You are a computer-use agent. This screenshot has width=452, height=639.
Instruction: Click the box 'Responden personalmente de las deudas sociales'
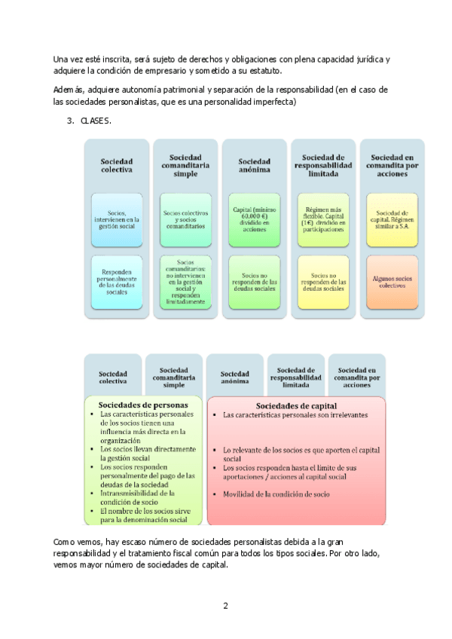(116, 282)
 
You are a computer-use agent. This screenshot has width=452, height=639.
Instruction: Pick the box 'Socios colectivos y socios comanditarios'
(185, 218)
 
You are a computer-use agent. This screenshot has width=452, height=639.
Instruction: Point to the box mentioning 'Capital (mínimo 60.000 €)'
(255, 218)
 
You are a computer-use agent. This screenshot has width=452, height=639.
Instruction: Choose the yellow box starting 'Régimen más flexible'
(324, 218)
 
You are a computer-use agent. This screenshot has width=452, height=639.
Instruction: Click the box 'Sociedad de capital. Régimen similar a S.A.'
(392, 218)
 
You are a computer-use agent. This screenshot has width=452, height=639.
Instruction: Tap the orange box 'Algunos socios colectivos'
(392, 282)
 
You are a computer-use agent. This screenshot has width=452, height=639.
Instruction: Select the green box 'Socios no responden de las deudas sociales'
(255, 282)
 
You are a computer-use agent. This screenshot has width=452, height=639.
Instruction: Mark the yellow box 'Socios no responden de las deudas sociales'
(324, 282)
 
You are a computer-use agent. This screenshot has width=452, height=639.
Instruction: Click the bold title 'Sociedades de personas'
(142, 403)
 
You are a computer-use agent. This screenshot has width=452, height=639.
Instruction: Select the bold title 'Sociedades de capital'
(296, 403)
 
